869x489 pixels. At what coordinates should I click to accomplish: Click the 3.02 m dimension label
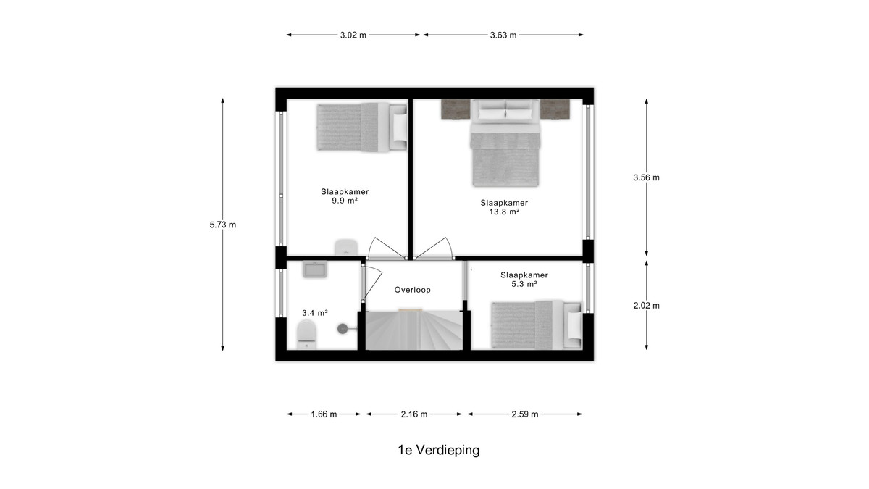tap(353, 35)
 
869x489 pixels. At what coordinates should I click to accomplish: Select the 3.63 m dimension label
tap(503, 35)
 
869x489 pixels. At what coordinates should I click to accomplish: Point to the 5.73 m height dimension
tap(223, 225)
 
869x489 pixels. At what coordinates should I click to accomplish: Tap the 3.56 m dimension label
tap(646, 177)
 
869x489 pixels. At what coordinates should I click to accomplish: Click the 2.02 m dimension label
tap(646, 306)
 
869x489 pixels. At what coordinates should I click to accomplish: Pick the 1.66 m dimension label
tap(324, 414)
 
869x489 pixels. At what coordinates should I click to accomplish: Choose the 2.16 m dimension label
tap(414, 414)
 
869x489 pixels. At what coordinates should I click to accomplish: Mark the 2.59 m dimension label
tap(525, 414)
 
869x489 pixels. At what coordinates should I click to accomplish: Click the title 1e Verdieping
tap(439, 450)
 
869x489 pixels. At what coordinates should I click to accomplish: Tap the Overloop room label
tap(412, 290)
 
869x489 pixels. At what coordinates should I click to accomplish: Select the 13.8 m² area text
tap(504, 212)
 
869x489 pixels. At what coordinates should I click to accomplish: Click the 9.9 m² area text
tap(345, 201)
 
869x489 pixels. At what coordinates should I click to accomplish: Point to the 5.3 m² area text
tap(524, 284)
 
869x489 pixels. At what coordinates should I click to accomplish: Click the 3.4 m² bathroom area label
tap(315, 313)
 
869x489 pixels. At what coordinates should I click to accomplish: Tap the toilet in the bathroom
tap(307, 335)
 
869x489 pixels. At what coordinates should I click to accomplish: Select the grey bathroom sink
tap(314, 269)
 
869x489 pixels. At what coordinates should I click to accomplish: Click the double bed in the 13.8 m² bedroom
tap(505, 143)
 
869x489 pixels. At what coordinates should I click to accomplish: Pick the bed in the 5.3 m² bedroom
tap(537, 325)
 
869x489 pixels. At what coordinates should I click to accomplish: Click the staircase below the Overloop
tap(414, 330)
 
